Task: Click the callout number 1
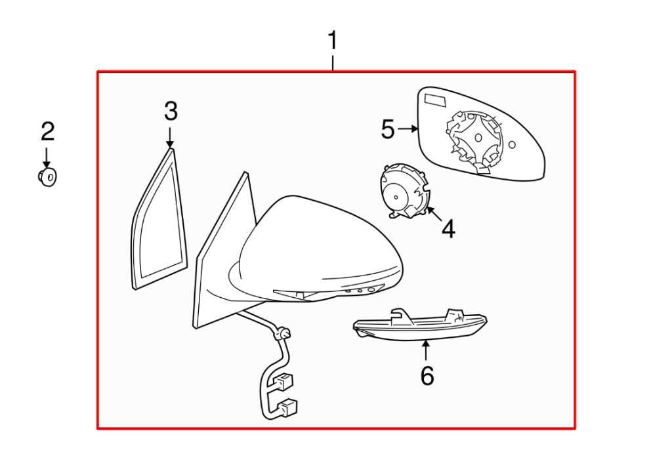click(333, 41)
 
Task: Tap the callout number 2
click(47, 132)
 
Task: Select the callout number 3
click(171, 112)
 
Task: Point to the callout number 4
click(448, 229)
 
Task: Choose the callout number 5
click(388, 129)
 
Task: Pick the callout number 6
click(427, 376)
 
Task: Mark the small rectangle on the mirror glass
click(434, 100)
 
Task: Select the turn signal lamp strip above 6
click(420, 325)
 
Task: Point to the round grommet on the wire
click(283, 334)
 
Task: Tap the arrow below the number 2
click(47, 157)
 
